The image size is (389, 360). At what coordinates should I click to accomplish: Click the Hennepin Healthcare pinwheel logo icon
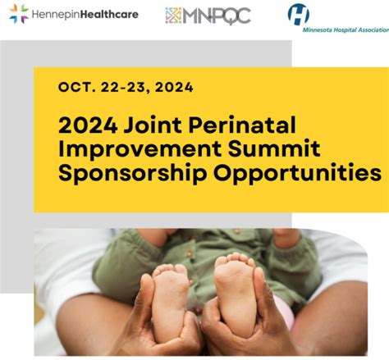[19, 14]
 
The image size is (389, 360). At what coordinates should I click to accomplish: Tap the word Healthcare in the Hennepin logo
[109, 14]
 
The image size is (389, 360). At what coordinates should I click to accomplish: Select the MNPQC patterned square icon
[173, 15]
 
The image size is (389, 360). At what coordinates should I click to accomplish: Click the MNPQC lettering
[217, 16]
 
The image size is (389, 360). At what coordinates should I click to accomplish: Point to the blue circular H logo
[299, 14]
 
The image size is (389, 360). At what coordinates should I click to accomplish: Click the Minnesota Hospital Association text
[346, 30]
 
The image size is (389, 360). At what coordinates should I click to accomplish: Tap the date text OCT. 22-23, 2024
[126, 87]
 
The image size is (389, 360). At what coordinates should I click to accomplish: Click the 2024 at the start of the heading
[88, 125]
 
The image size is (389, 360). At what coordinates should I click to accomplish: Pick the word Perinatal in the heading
[242, 125]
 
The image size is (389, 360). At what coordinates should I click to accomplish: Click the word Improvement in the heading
[140, 149]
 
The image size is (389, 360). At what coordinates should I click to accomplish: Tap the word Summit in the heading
[274, 148]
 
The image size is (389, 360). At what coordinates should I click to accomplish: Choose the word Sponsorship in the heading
[132, 173]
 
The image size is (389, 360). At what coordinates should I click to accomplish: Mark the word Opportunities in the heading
[297, 173]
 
